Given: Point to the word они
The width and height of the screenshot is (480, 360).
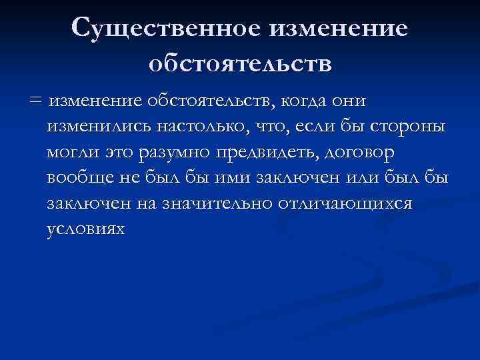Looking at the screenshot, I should pos(349,101).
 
